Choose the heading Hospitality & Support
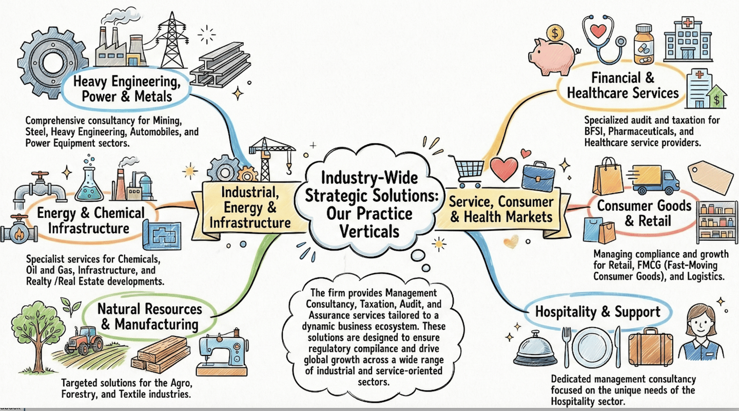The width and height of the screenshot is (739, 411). pyautogui.click(x=597, y=312)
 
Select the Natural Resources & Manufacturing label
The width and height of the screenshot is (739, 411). pyautogui.click(x=149, y=316)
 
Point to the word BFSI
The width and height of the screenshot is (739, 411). pyautogui.click(x=595, y=132)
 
